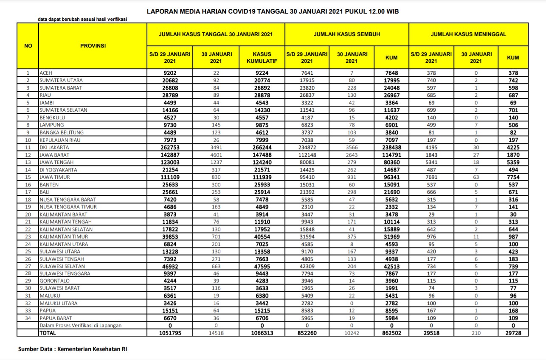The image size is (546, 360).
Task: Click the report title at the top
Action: coord(273,11)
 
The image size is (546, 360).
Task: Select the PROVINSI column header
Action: coord(93,45)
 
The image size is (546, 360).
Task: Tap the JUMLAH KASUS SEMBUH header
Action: coord(346,34)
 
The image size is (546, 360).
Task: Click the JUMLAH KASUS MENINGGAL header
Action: coord(468,34)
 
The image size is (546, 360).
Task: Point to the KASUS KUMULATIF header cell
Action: coord(262,57)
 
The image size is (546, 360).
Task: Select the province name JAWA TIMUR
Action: coord(55,177)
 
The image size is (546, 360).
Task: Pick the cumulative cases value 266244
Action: coord(262,147)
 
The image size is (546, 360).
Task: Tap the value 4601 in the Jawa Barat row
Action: coord(217,155)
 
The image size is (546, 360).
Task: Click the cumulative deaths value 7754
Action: coord(513,177)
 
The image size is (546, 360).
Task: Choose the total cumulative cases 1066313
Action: coord(262,333)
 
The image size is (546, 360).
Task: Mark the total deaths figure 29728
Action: coord(513,333)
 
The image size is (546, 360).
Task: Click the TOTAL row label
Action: coord(48,333)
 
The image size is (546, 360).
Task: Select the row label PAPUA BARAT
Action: coord(56,318)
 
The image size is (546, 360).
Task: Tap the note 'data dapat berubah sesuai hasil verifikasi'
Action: coord(82,19)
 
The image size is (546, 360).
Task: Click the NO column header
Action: coord(28,45)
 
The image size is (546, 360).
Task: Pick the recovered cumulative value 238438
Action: coord(391,147)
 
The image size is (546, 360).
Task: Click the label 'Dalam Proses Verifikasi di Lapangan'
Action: coord(81,326)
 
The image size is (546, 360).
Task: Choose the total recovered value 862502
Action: coord(391,333)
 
